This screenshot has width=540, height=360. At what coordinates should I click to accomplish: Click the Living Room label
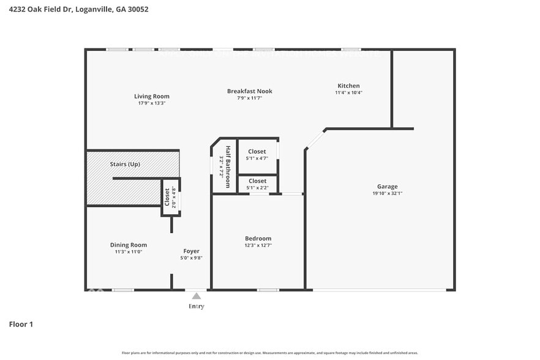(152, 96)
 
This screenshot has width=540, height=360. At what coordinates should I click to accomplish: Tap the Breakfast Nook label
(249, 91)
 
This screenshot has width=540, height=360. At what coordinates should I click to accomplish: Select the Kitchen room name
(348, 86)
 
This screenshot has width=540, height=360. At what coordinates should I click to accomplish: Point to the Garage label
(387, 187)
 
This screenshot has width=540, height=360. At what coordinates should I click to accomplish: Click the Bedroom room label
(258, 238)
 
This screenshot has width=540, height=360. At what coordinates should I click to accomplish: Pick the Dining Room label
(129, 245)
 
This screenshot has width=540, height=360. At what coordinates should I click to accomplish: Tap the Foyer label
(192, 251)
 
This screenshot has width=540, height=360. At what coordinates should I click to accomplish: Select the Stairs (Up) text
(125, 164)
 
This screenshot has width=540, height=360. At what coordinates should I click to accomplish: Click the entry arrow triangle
(196, 296)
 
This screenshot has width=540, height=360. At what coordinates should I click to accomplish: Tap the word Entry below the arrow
(196, 306)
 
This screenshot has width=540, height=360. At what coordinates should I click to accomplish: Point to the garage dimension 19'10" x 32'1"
(387, 193)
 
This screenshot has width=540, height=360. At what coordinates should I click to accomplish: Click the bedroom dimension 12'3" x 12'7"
(258, 245)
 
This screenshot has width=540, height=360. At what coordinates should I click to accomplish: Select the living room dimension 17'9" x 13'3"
(152, 103)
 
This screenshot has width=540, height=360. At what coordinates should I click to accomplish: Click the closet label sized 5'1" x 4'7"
(257, 151)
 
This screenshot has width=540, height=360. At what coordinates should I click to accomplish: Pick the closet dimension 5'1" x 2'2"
(257, 187)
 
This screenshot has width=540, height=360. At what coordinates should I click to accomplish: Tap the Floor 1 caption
(21, 324)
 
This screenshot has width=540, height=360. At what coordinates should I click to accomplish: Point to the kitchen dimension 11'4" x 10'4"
(348, 92)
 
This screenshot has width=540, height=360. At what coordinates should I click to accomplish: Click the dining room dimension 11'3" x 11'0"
(129, 252)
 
